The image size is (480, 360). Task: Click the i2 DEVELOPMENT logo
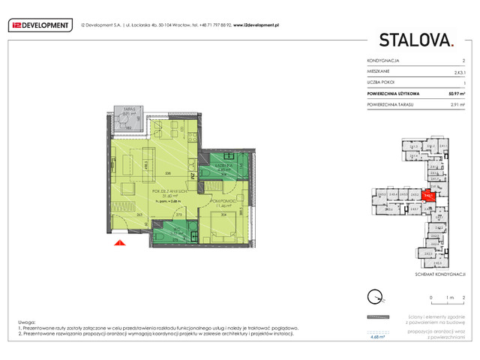point(38,25)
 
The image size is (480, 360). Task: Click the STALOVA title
point(415,40)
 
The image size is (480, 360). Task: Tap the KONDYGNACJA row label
point(382,60)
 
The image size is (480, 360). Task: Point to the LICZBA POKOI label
point(382,82)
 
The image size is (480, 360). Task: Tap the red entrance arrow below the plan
point(118,241)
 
